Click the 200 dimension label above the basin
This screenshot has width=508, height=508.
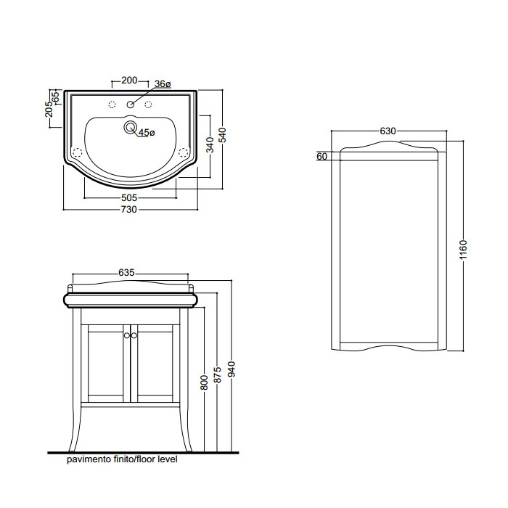coord(129,80)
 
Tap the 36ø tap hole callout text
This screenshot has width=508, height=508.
coord(163,84)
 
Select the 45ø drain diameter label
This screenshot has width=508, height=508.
coord(147,133)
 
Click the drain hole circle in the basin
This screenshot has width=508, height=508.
coord(131,127)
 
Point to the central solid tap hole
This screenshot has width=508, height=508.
coord(131,105)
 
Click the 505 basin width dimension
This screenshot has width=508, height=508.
coord(129,197)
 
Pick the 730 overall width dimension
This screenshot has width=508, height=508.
coord(129,210)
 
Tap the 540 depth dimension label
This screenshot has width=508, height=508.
coord(222,135)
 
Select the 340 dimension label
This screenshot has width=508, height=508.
coord(210,145)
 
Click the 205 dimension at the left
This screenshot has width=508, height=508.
coord(49,109)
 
